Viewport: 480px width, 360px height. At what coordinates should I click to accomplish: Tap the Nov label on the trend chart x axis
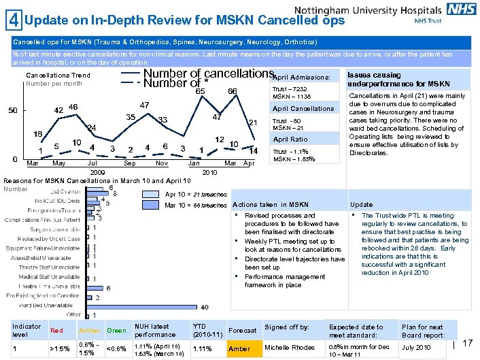162,163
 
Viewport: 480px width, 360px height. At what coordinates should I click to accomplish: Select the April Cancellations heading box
303,109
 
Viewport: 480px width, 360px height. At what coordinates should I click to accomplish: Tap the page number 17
467,344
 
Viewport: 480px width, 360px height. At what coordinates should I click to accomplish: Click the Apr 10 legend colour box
152,194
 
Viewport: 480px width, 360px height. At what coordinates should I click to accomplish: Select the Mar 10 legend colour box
152,205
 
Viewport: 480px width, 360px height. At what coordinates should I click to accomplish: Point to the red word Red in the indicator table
57,331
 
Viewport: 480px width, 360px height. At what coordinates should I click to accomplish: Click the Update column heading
361,205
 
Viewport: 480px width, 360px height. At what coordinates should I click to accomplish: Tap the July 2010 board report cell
416,348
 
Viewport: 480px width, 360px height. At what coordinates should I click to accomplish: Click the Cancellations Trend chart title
57,75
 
